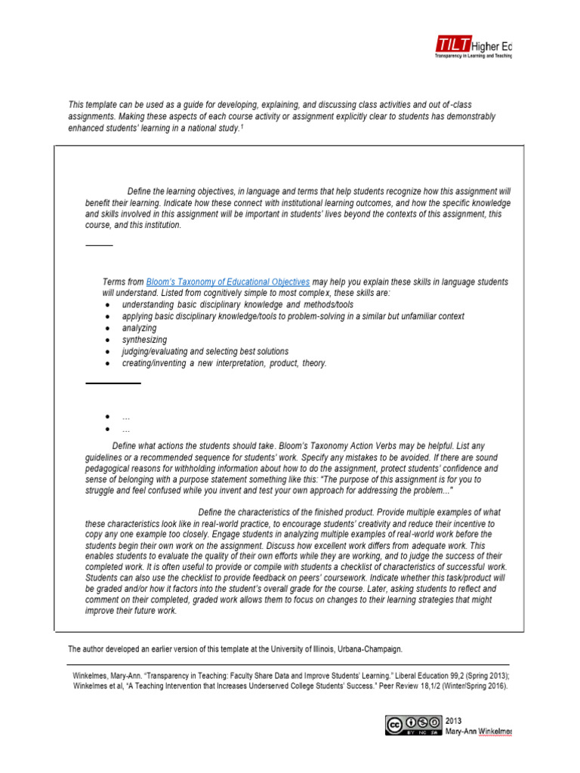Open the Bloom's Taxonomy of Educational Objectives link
227,282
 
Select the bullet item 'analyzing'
139,328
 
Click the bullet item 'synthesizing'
144,340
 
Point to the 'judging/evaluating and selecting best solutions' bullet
205,352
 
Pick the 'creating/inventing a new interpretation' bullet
224,363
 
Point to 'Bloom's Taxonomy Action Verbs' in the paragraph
363,445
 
